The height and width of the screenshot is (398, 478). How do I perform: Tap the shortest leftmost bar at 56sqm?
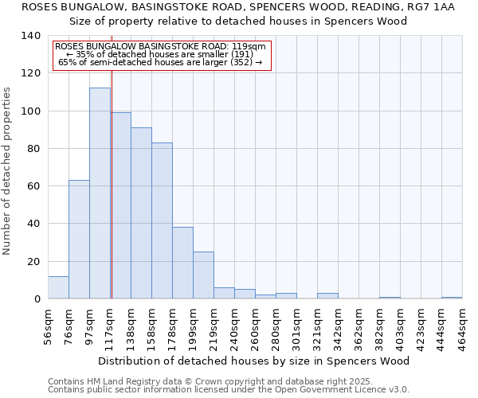[x=58, y=287]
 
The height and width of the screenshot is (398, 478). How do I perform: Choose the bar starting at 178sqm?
[x=182, y=263]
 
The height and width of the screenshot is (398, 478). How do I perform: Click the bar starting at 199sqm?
[x=203, y=275]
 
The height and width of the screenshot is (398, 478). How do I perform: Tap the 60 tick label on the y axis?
[x=33, y=186]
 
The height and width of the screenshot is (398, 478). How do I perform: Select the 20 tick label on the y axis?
[x=33, y=261]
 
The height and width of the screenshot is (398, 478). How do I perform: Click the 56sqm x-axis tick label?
[x=49, y=322]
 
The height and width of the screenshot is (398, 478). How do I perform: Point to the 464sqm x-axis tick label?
[x=463, y=322]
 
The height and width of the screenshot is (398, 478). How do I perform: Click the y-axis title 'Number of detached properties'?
[x=8, y=170]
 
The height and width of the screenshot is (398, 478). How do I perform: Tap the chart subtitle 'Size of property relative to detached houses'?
[x=238, y=21]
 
